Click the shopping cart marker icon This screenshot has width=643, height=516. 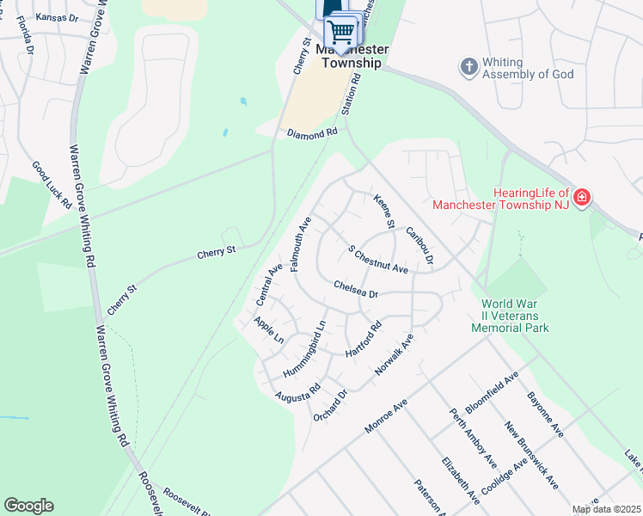tap(342, 32)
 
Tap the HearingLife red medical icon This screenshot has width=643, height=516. tap(582, 198)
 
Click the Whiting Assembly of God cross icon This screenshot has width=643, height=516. tap(468, 66)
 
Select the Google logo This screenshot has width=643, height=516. tap(28, 506)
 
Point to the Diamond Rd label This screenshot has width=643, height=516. tap(313, 134)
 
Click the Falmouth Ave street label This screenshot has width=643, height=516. tap(301, 244)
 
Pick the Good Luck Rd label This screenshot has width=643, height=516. tap(52, 184)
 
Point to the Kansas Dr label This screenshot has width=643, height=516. tap(33, 17)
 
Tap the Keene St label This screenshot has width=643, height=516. tap(383, 212)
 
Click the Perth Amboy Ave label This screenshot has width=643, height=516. tap(473, 437)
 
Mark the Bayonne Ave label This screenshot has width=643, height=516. tap(545, 412)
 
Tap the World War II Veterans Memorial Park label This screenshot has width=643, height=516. tap(515, 316)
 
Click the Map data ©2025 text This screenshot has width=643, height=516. tap(607, 509)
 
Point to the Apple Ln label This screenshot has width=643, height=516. tap(268, 329)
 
